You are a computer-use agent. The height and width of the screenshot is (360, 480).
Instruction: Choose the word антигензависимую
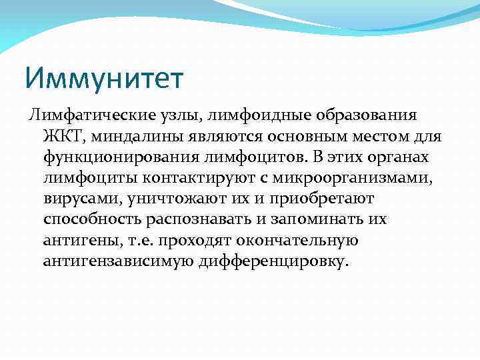pos(118,261)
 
